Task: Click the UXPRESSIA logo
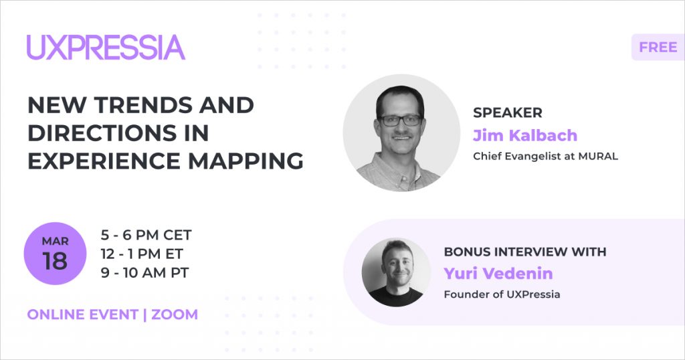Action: point(106,48)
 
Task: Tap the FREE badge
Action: point(658,47)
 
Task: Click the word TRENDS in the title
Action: point(143,105)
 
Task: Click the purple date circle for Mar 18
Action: point(55,254)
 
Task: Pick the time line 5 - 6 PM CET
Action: point(146,235)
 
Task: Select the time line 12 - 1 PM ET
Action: point(142,254)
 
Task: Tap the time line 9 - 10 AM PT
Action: point(144,272)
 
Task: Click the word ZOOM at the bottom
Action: point(175,314)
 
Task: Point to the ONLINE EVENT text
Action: point(82,314)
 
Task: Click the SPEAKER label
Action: point(508,112)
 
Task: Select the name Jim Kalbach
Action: point(525,135)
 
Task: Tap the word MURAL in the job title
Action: point(598,157)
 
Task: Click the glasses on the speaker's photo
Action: point(400,120)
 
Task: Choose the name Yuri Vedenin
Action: point(498,274)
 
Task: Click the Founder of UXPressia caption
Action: point(502,294)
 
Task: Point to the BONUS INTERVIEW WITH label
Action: point(525,252)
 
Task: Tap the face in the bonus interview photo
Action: point(397,266)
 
